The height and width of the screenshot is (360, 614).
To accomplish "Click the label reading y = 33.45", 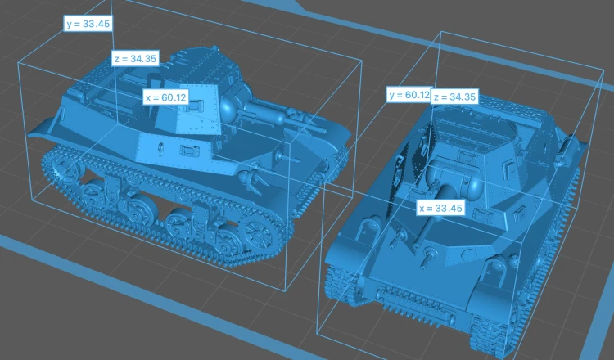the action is (x=88, y=24).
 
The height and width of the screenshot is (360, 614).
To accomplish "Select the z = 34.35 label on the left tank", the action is (x=135, y=59).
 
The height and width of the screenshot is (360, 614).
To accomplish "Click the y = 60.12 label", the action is (x=409, y=95).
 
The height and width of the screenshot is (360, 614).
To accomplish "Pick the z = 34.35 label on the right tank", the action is (x=454, y=97).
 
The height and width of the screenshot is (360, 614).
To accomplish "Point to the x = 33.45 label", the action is (x=440, y=208).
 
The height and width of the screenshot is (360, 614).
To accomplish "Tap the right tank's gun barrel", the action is (x=429, y=216).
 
